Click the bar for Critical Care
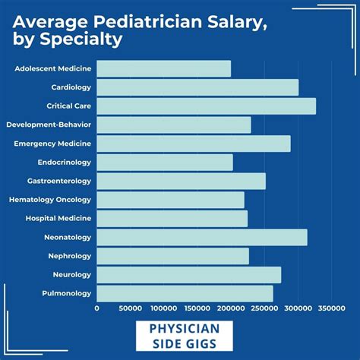click(206, 106)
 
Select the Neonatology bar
click(202, 238)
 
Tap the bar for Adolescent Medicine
click(163, 69)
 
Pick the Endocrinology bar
click(165, 163)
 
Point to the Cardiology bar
click(197, 87)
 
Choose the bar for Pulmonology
click(185, 293)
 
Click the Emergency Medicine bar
click(194, 144)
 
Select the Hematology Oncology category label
click(50, 200)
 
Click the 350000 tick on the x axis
click(332, 308)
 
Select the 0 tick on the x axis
click(97, 308)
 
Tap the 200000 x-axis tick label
click(231, 308)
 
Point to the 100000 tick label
click(164, 308)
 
